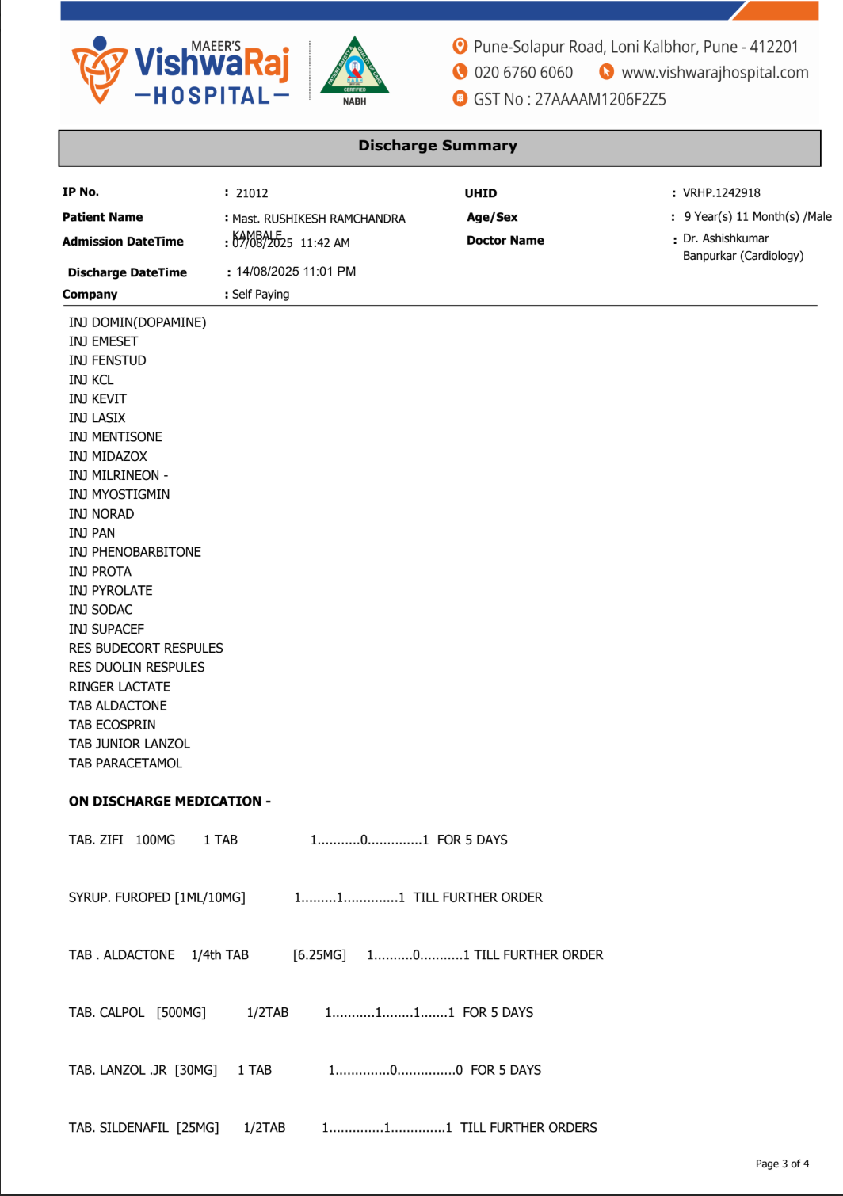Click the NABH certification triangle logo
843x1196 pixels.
[354, 67]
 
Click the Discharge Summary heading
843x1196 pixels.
[437, 146]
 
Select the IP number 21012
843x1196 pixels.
[252, 193]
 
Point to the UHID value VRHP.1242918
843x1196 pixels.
[721, 192]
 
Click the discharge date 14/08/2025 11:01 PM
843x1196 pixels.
[296, 271]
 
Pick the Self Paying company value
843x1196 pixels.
[261, 294]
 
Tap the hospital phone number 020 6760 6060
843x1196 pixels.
[523, 73]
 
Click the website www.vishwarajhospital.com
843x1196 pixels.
[714, 73]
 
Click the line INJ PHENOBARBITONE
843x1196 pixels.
[135, 552]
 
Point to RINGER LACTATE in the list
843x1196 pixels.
[120, 687]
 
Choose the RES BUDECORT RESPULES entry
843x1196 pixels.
[146, 648]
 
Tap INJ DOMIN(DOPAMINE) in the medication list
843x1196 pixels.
[137, 322]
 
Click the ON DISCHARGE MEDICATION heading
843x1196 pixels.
[170, 802]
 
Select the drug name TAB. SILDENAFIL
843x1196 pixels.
[119, 1127]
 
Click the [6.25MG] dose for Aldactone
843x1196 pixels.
[319, 955]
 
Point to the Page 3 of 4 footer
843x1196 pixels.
[782, 1164]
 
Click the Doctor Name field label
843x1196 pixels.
[505, 241]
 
